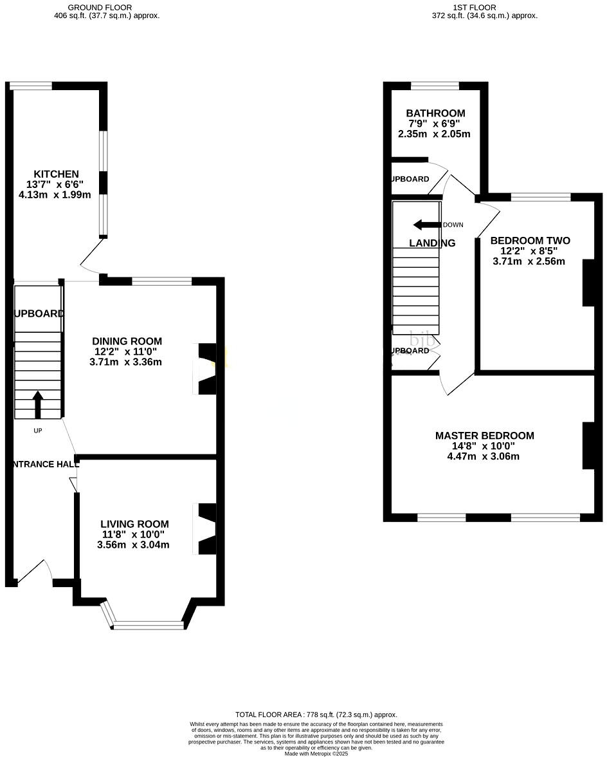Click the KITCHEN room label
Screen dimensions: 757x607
point(56,174)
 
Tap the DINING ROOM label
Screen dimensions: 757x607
point(127,341)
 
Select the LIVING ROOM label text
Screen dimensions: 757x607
point(134,524)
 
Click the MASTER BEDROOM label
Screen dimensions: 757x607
point(484,436)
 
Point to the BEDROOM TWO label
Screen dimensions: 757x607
point(530,241)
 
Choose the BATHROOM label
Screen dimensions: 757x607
point(435,113)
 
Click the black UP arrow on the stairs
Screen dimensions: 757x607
point(37,404)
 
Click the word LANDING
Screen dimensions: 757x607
point(432,243)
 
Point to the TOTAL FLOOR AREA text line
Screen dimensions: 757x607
point(316,715)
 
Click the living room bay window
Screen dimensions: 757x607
point(149,623)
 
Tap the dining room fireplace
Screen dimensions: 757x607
point(206,368)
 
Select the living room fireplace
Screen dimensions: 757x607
point(206,528)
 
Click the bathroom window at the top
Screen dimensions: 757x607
point(435,85)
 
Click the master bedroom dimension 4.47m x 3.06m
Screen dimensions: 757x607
point(484,456)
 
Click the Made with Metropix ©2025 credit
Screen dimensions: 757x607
point(316,753)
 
